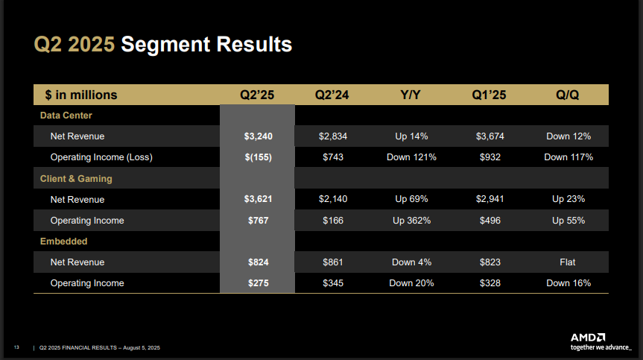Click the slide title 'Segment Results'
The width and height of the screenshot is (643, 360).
pos(206,45)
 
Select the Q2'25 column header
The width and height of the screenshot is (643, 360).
pos(257,95)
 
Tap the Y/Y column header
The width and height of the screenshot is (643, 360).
pos(411,95)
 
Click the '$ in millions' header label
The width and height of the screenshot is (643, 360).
pos(80,95)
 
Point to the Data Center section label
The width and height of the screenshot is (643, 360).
pos(66,116)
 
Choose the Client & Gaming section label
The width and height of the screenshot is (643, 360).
pos(75,179)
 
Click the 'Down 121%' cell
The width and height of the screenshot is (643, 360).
pos(411,157)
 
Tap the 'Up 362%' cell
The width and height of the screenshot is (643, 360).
pos(411,221)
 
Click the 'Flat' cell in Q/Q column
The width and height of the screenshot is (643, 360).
pos(568,262)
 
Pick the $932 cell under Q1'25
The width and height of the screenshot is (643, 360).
pos(489,157)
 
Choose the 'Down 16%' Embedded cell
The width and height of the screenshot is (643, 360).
pos(568,283)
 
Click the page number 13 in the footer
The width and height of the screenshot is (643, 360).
pos(16,348)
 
